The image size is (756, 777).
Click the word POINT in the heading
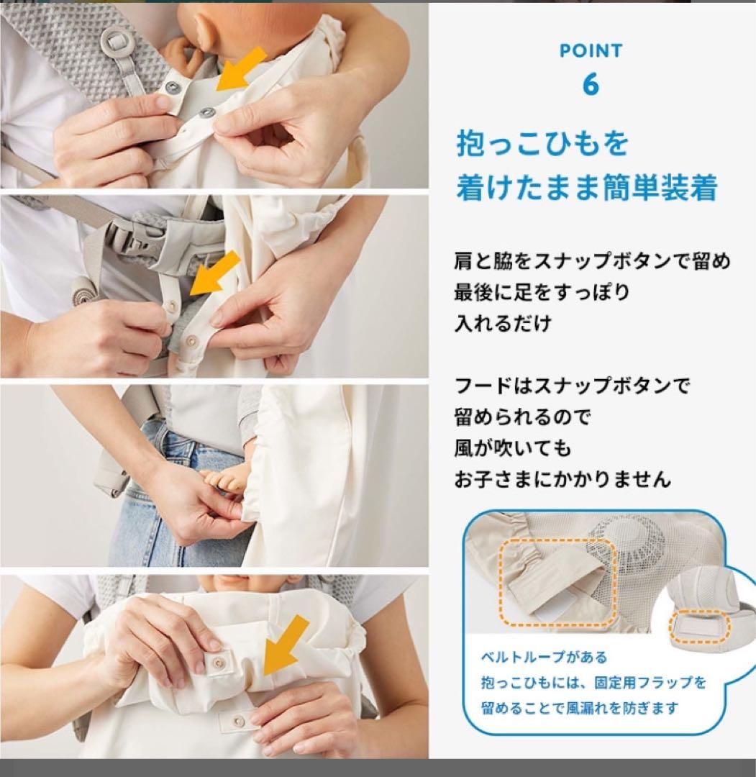[591, 50]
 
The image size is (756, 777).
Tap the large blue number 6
[591, 84]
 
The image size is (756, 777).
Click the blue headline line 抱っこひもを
[542, 144]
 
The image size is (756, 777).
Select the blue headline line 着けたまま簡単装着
[586, 188]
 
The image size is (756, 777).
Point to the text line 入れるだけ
[503, 323]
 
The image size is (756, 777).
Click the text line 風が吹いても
[513, 447]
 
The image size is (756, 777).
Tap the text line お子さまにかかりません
[563, 478]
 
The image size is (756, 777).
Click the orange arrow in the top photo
[241, 70]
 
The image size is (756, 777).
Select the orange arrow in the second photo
[214, 273]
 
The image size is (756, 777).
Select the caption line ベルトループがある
[544, 657]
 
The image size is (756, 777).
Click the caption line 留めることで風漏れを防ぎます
[579, 708]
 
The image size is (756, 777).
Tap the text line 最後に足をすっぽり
[542, 292]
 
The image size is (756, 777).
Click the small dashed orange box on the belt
[700, 626]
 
